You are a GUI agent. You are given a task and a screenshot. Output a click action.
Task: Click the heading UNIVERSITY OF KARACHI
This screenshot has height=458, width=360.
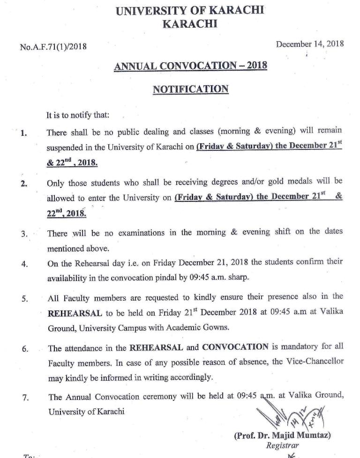[190, 10]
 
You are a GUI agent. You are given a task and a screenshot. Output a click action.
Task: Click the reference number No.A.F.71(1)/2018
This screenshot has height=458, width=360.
[53, 46]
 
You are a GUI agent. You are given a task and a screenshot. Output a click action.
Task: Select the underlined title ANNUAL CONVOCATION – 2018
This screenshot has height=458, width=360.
[190, 66]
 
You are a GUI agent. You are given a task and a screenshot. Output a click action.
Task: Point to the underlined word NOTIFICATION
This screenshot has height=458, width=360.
[190, 89]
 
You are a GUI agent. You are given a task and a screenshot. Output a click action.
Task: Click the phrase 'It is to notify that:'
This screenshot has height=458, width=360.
[77, 115]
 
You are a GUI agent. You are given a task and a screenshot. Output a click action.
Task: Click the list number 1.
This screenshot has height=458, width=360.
[23, 133]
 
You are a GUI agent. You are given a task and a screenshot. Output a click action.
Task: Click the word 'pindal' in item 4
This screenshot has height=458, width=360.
[186, 277]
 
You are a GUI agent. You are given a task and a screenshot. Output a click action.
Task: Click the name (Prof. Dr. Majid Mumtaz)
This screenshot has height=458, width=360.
[282, 436]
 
